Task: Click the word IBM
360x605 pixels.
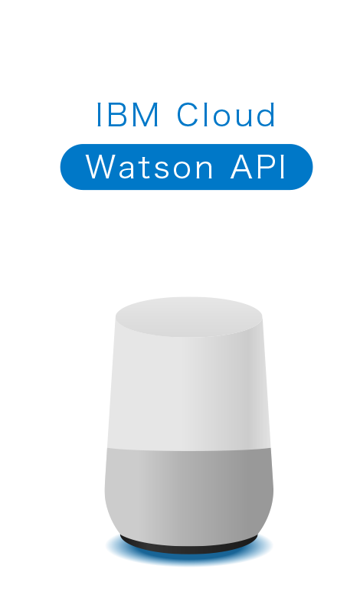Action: [127, 115]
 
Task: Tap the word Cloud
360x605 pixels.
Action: [226, 115]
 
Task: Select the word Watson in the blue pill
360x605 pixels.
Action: [149, 167]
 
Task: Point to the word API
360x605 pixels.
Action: [258, 167]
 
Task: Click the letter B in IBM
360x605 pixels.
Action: [116, 115]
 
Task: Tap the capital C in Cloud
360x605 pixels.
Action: [188, 115]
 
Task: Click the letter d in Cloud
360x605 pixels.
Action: [267, 115]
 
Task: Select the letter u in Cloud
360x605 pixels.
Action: [244, 118]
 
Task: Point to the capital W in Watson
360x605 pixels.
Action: [100, 167]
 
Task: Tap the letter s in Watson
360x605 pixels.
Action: [163, 171]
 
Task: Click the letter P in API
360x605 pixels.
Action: [267, 167]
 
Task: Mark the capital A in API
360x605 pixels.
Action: [242, 167]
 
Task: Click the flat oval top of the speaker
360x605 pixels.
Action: [189, 316]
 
